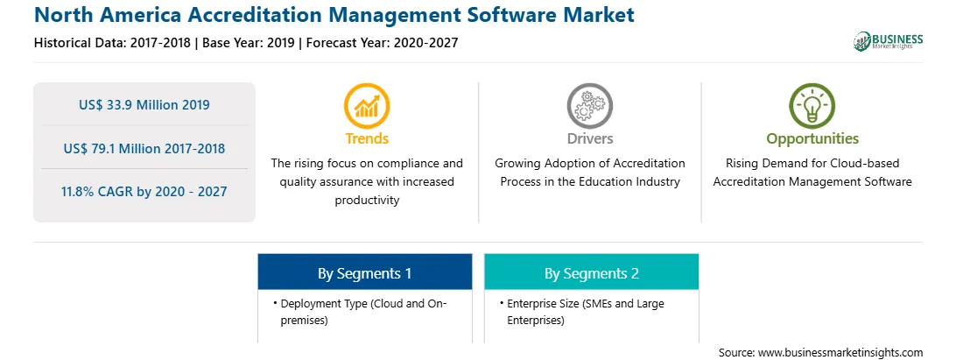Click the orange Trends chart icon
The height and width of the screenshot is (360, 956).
pyautogui.click(x=367, y=106)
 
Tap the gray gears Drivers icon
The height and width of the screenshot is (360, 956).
pyautogui.click(x=589, y=106)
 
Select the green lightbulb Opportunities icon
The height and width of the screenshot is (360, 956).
pyautogui.click(x=812, y=106)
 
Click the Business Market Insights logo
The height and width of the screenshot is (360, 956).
pyautogui.click(x=888, y=41)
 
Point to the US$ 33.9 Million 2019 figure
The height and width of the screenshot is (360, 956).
pyautogui.click(x=144, y=105)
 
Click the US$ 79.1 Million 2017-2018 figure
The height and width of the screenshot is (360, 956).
pyautogui.click(x=144, y=148)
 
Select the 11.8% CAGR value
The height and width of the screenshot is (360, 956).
pyautogui.click(x=144, y=192)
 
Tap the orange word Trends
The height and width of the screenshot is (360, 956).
pyautogui.click(x=367, y=138)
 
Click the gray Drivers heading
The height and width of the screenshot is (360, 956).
pyautogui.click(x=589, y=138)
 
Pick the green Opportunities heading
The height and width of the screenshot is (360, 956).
pyautogui.click(x=812, y=139)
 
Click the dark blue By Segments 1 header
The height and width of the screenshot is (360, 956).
pyautogui.click(x=364, y=272)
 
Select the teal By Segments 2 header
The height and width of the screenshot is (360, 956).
pyautogui.click(x=592, y=272)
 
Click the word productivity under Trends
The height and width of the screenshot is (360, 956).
pyautogui.click(x=367, y=201)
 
